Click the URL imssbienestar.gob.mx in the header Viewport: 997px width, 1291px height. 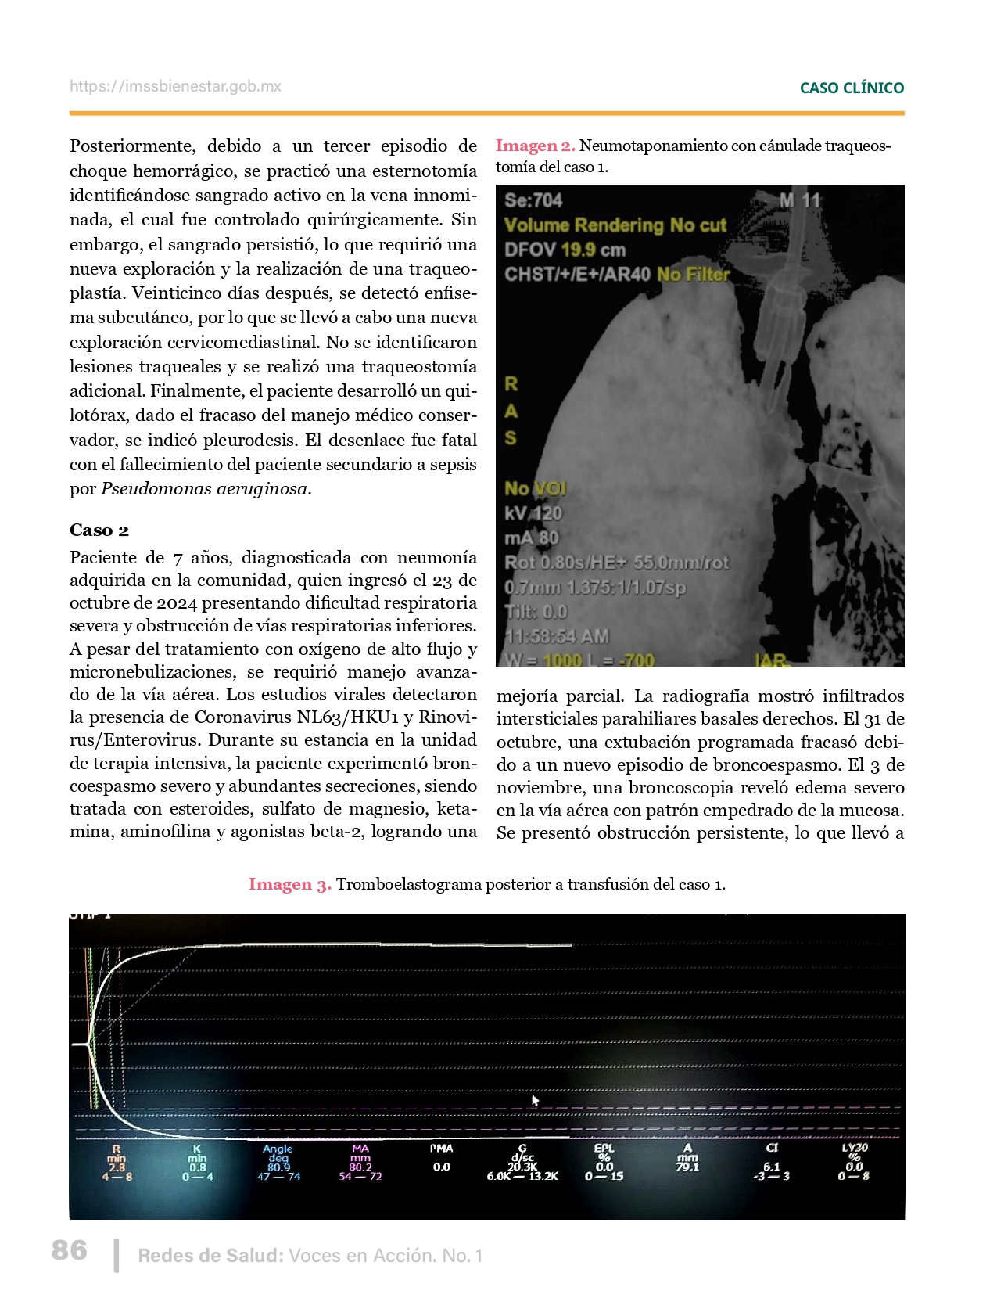click(x=175, y=87)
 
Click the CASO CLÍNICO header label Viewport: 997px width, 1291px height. click(x=852, y=88)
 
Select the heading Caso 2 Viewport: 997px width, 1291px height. click(x=99, y=530)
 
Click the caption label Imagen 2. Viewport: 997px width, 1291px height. click(x=535, y=146)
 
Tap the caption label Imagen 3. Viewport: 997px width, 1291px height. click(x=289, y=884)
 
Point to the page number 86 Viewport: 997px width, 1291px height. click(x=70, y=1250)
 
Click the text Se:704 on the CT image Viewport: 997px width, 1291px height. click(x=533, y=200)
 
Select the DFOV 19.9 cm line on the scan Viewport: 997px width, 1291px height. click(x=565, y=250)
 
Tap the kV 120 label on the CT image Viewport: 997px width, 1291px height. click(x=533, y=513)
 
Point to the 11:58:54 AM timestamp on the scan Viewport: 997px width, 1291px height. click(x=557, y=636)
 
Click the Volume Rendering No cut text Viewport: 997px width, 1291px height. click(x=615, y=225)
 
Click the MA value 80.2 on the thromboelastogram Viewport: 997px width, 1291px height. click(x=360, y=1167)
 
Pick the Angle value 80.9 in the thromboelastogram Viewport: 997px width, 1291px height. click(x=278, y=1167)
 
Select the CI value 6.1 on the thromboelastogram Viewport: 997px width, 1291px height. click(x=772, y=1166)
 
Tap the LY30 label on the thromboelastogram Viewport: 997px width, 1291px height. click(x=855, y=1148)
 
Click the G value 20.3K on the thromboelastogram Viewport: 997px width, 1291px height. click(x=522, y=1167)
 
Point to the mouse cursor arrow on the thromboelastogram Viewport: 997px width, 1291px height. click(x=535, y=1101)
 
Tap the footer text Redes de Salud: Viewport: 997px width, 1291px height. click(x=210, y=1256)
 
